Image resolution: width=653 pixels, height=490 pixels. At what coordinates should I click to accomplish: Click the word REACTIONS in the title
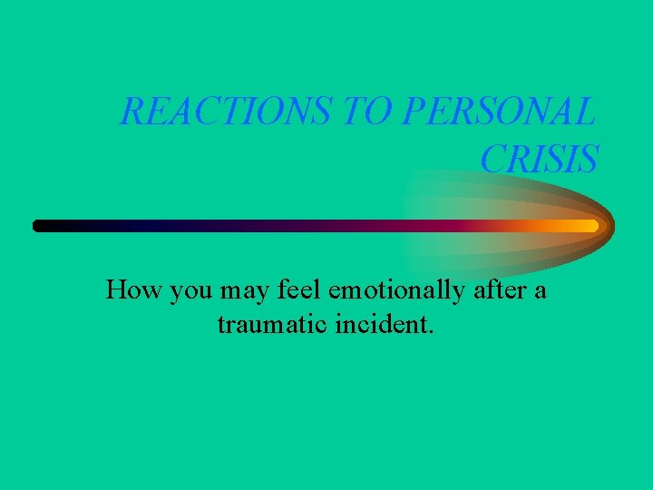click(227, 113)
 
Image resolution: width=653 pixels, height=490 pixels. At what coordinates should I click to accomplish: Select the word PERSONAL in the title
click(498, 113)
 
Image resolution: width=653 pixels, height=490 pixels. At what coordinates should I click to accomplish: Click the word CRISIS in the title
click(539, 160)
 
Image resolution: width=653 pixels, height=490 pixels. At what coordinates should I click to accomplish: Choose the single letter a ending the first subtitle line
click(541, 293)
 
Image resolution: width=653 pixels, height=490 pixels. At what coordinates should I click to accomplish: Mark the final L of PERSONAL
click(587, 113)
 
